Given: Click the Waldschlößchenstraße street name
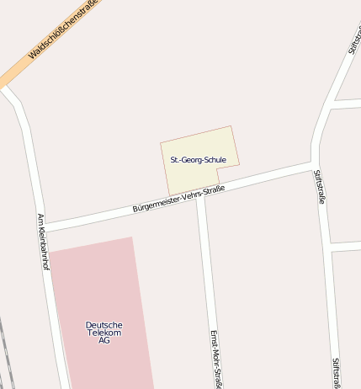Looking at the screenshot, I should click(x=63, y=29).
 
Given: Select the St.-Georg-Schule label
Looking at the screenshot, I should click(x=199, y=159).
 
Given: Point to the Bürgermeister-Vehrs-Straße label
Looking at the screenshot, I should click(x=178, y=199).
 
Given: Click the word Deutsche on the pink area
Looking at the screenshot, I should click(x=104, y=325).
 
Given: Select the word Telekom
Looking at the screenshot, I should click(x=104, y=333).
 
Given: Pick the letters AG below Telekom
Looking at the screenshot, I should click(x=104, y=340).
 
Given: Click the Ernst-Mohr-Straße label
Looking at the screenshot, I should click(x=215, y=358).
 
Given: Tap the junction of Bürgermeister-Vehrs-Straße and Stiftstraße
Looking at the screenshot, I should click(x=315, y=164).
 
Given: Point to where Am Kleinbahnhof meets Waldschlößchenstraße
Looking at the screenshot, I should click(x=8, y=88).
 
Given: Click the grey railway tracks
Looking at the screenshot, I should click(x=7, y=354).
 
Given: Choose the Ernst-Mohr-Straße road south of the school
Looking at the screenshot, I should click(x=206, y=269).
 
